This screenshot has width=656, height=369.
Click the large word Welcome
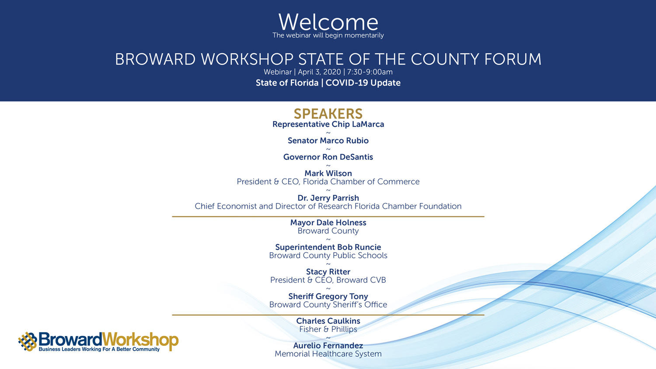(328, 22)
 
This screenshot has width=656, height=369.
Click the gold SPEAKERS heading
(328, 114)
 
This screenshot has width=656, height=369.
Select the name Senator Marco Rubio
(328, 141)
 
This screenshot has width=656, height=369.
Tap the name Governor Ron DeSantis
(328, 157)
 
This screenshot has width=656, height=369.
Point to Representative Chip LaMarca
(328, 125)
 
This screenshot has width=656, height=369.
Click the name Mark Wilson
(328, 174)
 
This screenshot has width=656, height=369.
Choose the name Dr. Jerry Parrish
(328, 198)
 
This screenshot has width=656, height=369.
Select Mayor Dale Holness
(328, 223)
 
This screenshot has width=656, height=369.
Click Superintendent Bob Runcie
(328, 247)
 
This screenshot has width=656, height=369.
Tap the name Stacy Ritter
(328, 272)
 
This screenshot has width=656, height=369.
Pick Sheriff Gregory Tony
(328, 296)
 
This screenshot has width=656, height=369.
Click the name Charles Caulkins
(328, 321)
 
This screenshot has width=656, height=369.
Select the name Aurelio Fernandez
(328, 345)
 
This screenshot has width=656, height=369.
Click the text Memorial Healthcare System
(328, 354)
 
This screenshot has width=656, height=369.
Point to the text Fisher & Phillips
(328, 329)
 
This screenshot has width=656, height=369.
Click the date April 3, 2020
(320, 72)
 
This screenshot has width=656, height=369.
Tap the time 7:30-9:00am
(370, 72)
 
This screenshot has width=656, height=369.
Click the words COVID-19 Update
(363, 83)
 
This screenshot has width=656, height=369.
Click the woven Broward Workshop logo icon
(28, 341)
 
